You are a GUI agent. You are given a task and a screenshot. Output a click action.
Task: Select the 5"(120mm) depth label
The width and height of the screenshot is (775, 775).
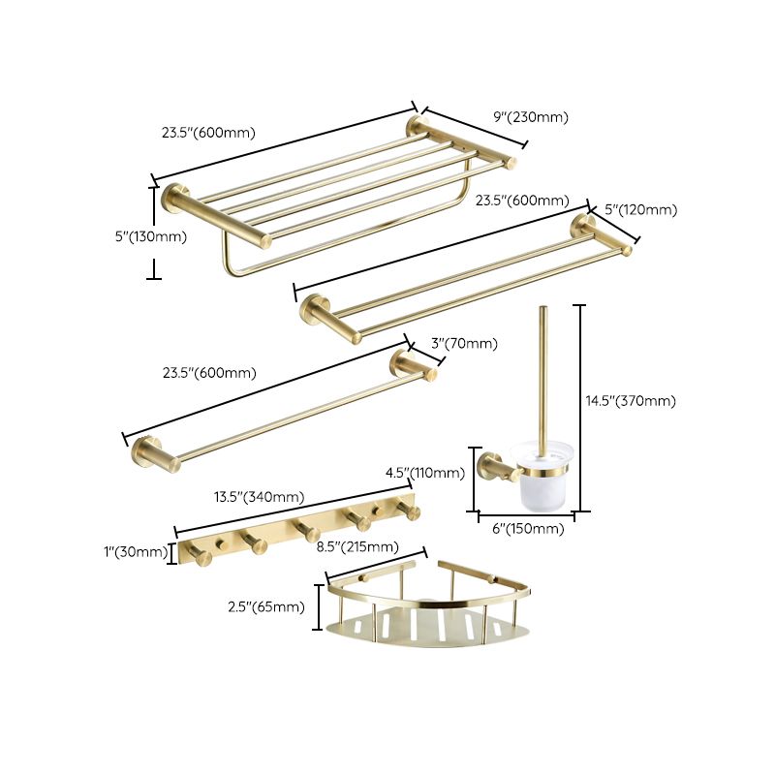click(640, 209)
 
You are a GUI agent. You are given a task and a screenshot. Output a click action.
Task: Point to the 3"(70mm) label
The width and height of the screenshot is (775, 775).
click(464, 343)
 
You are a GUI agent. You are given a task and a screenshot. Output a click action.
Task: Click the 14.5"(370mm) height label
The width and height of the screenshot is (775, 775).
click(631, 401)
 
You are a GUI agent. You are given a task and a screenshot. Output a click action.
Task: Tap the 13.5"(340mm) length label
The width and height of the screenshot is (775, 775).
click(259, 497)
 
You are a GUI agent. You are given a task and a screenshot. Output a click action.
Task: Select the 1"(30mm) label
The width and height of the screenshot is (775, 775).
click(135, 552)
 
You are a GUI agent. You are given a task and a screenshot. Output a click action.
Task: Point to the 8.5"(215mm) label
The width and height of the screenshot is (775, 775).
click(357, 546)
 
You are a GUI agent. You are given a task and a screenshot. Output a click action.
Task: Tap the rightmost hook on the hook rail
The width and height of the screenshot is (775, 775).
click(411, 511)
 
